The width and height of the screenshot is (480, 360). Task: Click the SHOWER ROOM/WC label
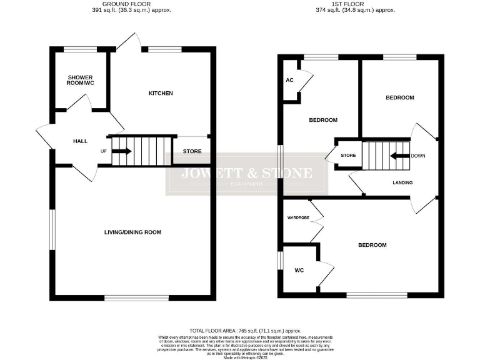click(x=81, y=81)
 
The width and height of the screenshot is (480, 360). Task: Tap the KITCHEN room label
click(x=160, y=93)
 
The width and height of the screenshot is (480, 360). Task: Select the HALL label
click(x=80, y=141)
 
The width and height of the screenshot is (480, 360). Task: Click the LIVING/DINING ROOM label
click(x=132, y=232)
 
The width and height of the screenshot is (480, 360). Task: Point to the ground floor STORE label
click(x=192, y=152)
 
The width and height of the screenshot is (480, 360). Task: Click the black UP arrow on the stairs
click(x=122, y=151)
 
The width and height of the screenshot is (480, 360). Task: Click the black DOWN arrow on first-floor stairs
click(x=397, y=156)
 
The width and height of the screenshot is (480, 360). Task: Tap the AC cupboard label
click(x=289, y=80)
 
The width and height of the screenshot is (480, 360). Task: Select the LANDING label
click(x=402, y=182)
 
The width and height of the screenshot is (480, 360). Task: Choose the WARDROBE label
click(x=299, y=218)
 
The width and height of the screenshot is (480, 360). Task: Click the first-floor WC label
click(x=299, y=271)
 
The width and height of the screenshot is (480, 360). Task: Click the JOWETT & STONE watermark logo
click(x=246, y=174)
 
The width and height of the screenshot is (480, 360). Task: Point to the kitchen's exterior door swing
click(x=127, y=41)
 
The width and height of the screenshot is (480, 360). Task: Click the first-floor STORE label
click(x=348, y=155)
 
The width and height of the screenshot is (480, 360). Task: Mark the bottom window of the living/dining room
click(x=136, y=298)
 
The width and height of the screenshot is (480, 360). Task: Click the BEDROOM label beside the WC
click(x=372, y=246)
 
